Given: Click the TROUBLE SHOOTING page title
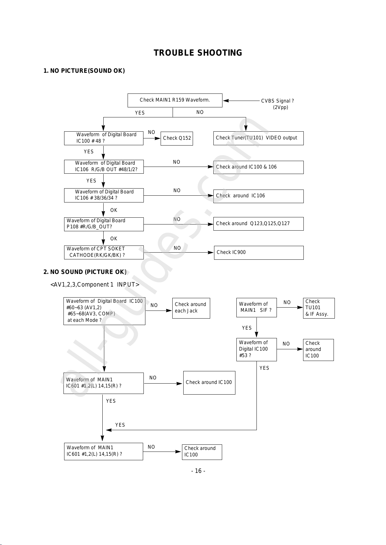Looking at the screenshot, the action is pos(198,53).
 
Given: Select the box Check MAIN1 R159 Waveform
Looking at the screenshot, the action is pos(175,100).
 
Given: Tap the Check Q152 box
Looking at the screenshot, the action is pos(177,138).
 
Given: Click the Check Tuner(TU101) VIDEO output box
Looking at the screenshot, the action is pos(258,138).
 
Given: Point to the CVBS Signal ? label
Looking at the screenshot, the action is pos(278,101).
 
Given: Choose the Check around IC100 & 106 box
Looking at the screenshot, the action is pos(258,167).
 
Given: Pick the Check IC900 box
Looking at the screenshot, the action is pos(259,253).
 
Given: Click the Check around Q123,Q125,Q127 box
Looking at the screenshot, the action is pos(258,223).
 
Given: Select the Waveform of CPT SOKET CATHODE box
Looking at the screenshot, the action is pos(104,252).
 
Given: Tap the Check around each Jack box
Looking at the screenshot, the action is pos(191,308).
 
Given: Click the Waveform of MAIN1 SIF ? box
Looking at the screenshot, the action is pos(256,307).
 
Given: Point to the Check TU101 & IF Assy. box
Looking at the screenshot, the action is pos(319,308).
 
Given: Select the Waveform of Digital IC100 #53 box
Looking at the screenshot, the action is pos(256,349).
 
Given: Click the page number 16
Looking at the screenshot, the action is pos(198,471).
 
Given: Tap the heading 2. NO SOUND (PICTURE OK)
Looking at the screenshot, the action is pos(85,272).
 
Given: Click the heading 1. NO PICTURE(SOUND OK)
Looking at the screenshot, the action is pos(84,71).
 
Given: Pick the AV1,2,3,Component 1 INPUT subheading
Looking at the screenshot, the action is pos(95,284).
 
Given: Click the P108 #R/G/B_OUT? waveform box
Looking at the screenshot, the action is pos(104,224).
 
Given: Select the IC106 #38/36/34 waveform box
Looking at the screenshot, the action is pos(104,195).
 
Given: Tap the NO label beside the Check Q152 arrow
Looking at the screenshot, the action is pos(152,132).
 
